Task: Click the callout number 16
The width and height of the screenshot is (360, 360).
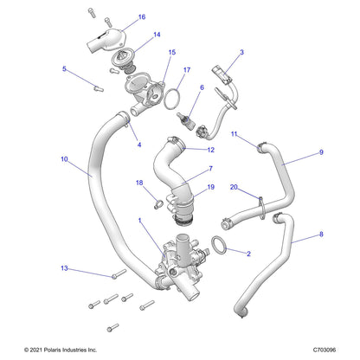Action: point(142,17)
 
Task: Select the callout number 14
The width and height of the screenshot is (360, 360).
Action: point(157,35)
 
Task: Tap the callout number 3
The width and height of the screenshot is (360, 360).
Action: point(241,53)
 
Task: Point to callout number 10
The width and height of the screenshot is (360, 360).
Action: point(65,159)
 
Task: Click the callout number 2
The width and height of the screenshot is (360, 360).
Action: point(249,254)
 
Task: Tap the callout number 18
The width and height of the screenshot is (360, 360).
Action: point(138,183)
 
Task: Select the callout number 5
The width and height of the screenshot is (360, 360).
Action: point(64,68)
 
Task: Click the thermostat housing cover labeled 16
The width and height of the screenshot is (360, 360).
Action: point(106,37)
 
